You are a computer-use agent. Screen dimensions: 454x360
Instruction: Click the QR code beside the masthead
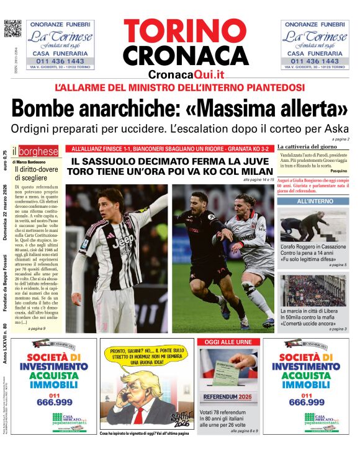tap(12, 29)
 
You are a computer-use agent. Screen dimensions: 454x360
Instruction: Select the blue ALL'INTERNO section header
tap(314, 202)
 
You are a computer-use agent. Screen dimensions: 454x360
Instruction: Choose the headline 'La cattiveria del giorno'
tap(310, 146)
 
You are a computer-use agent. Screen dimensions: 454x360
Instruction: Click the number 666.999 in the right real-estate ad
tap(304, 402)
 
